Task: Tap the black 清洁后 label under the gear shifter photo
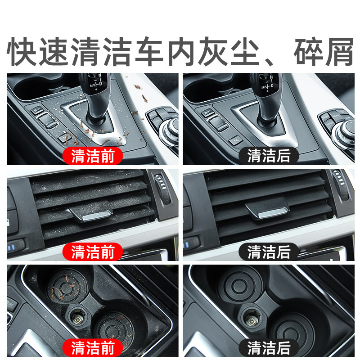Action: click(x=269, y=156)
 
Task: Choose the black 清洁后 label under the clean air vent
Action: click(x=269, y=252)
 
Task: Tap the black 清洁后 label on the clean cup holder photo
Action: click(x=269, y=347)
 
